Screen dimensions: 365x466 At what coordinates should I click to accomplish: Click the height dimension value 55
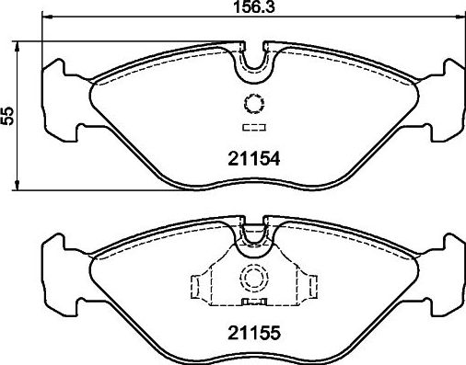pyautogui.click(x=9, y=115)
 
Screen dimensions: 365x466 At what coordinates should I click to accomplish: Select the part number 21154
pyautogui.click(x=252, y=158)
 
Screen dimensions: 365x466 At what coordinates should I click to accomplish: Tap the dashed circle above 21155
pyautogui.click(x=251, y=277)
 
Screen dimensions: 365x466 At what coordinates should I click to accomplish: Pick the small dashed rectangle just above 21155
pyautogui.click(x=252, y=300)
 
